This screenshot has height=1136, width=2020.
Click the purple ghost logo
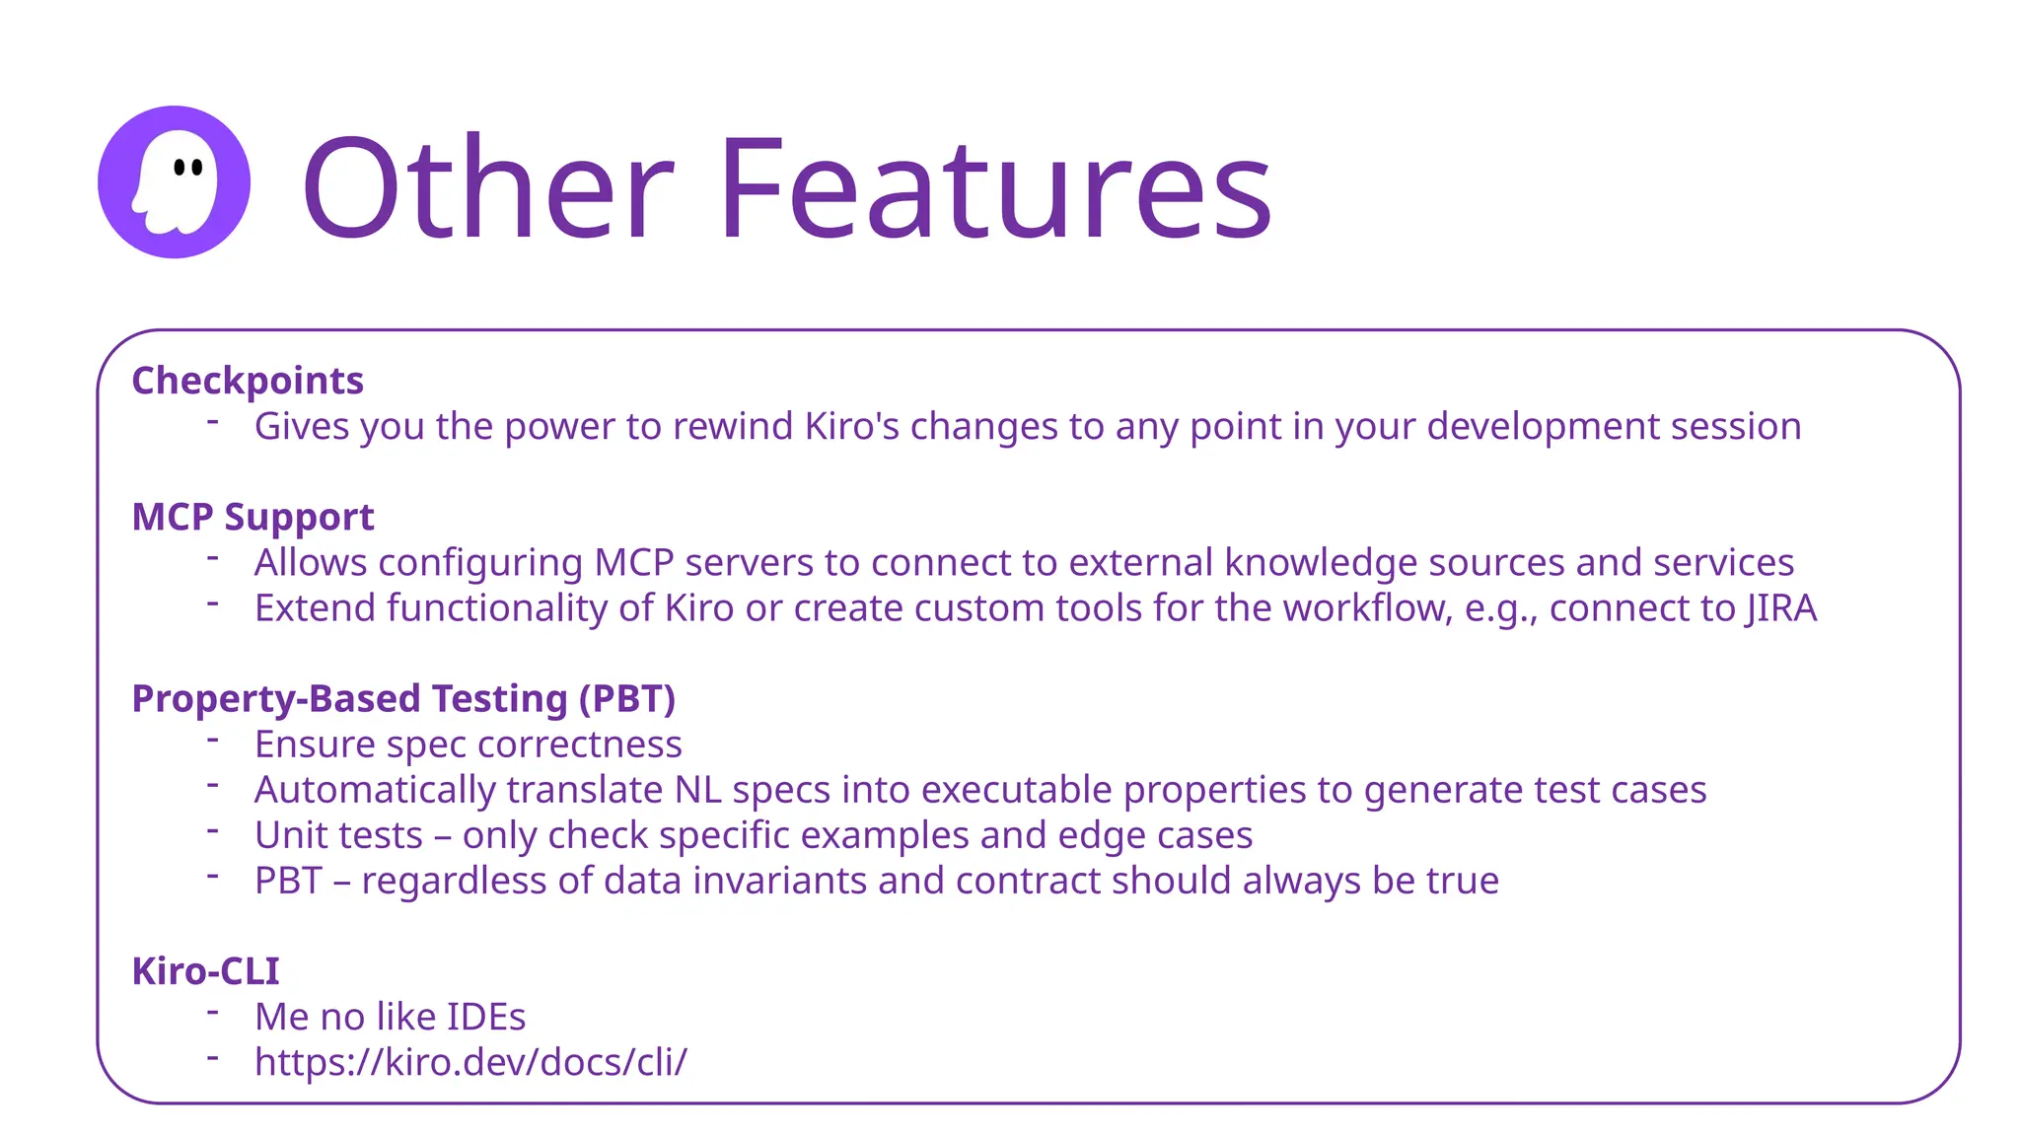174,182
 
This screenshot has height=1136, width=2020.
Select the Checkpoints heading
248,381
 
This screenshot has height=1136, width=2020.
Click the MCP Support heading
252,517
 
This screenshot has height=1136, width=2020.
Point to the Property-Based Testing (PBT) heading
403,698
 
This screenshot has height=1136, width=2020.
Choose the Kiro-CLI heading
205,971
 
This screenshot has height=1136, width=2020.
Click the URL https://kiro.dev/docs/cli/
470,1062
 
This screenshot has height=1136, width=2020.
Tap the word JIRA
1780,608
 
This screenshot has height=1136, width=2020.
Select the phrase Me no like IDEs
390,1017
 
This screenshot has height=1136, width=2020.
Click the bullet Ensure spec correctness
468,745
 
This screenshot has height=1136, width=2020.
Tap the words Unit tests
338,835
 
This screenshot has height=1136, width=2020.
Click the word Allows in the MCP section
311,562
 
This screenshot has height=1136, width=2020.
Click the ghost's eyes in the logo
187,167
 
